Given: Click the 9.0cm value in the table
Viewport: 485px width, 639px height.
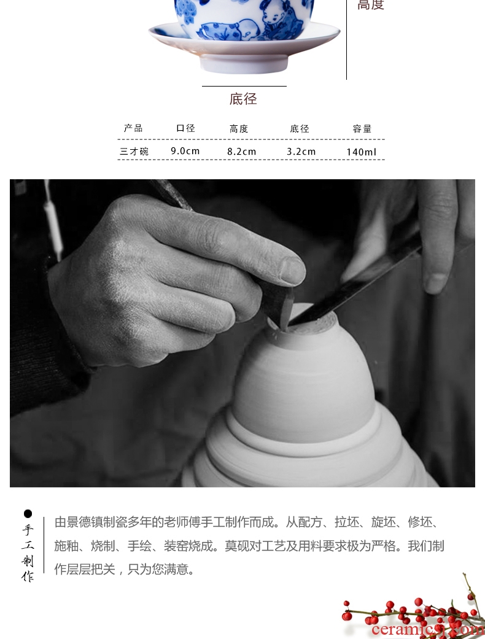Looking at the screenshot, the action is pyautogui.click(x=185, y=151).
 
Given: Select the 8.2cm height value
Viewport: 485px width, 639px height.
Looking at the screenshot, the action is pyautogui.click(x=242, y=152).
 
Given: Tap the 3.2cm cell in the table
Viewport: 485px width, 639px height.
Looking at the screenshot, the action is pyautogui.click(x=301, y=152).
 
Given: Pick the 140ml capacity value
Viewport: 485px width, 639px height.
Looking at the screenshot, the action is pyautogui.click(x=362, y=152).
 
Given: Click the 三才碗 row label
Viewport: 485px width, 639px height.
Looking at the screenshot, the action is pyautogui.click(x=134, y=152).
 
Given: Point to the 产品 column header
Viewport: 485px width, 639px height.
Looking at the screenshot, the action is pyautogui.click(x=133, y=128).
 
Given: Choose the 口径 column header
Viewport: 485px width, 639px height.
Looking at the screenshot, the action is pyautogui.click(x=186, y=128).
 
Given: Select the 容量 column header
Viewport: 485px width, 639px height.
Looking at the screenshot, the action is pyautogui.click(x=362, y=129).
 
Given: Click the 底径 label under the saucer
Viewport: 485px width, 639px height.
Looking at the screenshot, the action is pyautogui.click(x=243, y=99).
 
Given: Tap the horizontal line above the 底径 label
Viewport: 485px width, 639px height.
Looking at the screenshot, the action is pyautogui.click(x=244, y=86).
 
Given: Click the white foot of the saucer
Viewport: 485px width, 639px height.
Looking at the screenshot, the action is pyautogui.click(x=244, y=64).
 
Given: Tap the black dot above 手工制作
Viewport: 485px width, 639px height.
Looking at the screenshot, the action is pyautogui.click(x=28, y=513).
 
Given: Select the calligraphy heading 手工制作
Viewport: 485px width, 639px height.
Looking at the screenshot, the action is pyautogui.click(x=28, y=552).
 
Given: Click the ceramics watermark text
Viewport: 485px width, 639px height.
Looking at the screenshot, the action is pyautogui.click(x=428, y=630).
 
